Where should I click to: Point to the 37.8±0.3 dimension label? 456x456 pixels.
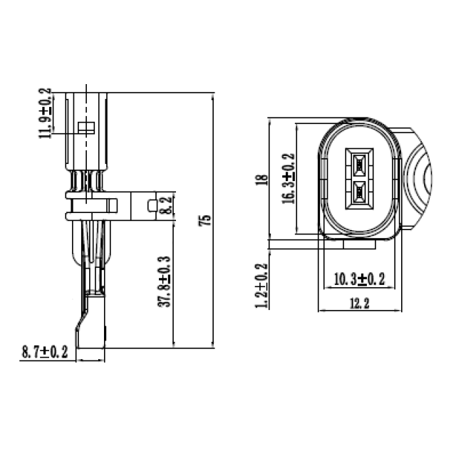165,281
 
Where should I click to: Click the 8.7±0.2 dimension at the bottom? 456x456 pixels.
45,351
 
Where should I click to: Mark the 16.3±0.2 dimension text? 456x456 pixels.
288,179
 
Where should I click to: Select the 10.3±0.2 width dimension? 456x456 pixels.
359,279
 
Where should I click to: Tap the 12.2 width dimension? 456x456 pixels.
359,304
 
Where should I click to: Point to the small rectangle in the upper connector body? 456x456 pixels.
85,128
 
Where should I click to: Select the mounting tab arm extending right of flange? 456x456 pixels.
142,206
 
